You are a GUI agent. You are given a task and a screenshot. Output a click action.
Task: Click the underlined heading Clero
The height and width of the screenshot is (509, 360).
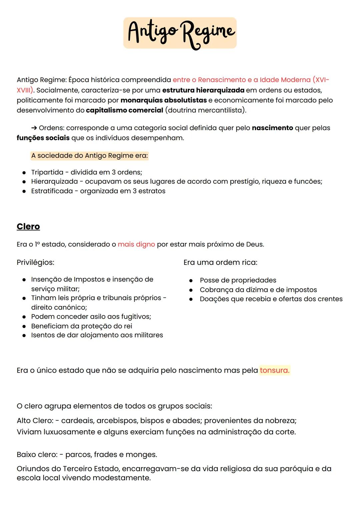pos(28,226)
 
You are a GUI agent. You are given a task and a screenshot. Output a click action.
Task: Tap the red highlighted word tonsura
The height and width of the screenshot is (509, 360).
pos(274,370)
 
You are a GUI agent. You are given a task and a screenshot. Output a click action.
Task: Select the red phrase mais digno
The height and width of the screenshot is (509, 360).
pos(136,244)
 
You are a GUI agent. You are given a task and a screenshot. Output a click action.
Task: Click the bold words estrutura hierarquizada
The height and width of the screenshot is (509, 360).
pos(203,90)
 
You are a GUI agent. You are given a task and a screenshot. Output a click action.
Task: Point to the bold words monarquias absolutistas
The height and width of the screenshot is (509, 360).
pos(163,100)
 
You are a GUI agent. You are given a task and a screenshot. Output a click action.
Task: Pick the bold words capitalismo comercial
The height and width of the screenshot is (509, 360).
pos(124,110)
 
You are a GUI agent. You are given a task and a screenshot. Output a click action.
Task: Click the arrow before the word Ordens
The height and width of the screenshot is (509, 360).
pos(34,128)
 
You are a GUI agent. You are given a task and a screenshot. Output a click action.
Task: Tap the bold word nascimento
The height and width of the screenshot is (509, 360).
pos(272,128)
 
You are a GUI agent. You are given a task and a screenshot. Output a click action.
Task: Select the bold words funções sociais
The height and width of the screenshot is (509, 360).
pos(43,138)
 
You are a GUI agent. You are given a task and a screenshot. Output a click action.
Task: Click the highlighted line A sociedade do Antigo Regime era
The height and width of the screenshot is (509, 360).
pos(89,155)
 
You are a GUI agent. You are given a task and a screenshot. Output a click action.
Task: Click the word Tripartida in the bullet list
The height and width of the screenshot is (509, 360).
pos(47,172)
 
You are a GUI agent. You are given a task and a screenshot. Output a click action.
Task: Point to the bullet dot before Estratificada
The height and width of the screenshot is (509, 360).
pos(24,191)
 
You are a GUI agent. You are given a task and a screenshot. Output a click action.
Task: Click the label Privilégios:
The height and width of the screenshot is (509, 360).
pos(35,262)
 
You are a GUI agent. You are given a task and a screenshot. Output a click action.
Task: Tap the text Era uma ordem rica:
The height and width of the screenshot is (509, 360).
pos(220,262)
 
